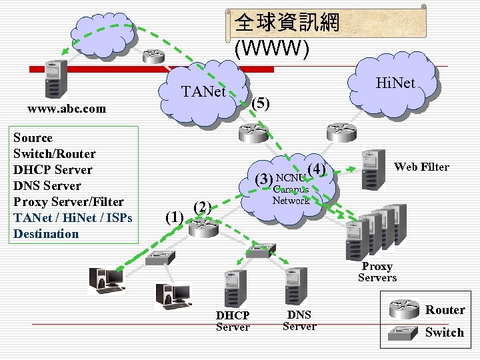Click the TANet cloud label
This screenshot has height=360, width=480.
pyautogui.click(x=204, y=91)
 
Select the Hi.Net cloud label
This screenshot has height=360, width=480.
pyautogui.click(x=395, y=83)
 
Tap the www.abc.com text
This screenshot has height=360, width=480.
pyautogui.click(x=66, y=109)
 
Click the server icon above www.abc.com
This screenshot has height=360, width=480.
pyautogui.click(x=55, y=78)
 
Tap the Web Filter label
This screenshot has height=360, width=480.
pyautogui.click(x=421, y=167)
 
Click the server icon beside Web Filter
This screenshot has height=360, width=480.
pyautogui.click(x=373, y=169)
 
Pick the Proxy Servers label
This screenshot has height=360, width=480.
pyautogui.click(x=377, y=271)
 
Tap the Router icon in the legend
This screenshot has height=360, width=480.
pyautogui.click(x=402, y=310)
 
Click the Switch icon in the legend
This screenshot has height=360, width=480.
pyautogui.click(x=402, y=333)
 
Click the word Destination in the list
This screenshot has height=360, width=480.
pyautogui.click(x=46, y=234)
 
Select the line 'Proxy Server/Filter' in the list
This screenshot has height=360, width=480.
pyautogui.click(x=69, y=202)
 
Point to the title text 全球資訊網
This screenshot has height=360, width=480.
pyautogui.click(x=287, y=23)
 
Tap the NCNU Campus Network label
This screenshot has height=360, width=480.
pyautogui.click(x=291, y=189)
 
